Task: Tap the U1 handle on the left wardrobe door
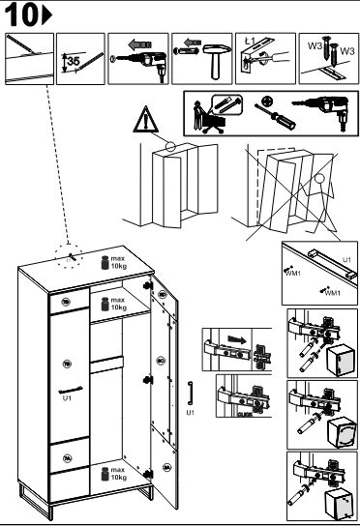(x=67, y=389)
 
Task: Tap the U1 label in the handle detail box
(x=346, y=259)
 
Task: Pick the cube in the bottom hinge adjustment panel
(x=338, y=500)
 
